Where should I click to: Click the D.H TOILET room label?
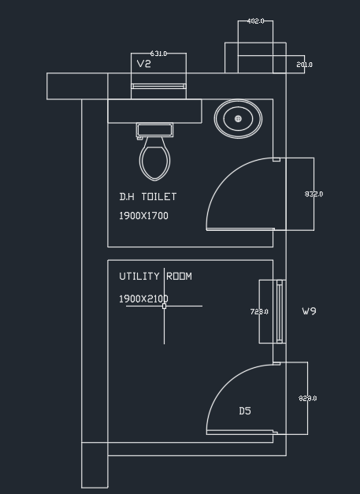(x=148, y=197)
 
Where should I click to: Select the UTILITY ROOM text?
(x=155, y=277)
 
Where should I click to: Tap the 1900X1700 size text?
(x=143, y=216)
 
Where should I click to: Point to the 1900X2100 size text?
(x=143, y=299)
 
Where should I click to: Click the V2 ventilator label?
(x=144, y=64)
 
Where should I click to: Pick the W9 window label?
(x=309, y=311)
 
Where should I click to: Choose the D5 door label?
(x=245, y=410)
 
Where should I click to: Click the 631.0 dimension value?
(x=158, y=54)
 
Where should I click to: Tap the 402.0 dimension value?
(x=255, y=21)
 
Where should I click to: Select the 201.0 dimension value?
(x=305, y=65)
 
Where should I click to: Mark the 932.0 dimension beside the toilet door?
(x=314, y=194)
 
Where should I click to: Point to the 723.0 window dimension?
(x=259, y=311)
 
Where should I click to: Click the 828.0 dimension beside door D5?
(x=308, y=399)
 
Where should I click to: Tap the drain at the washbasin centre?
(x=238, y=119)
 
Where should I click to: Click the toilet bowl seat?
(x=154, y=159)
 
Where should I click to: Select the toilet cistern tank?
(x=154, y=130)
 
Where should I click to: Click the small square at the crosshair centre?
(x=164, y=306)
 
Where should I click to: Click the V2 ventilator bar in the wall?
(x=158, y=87)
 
